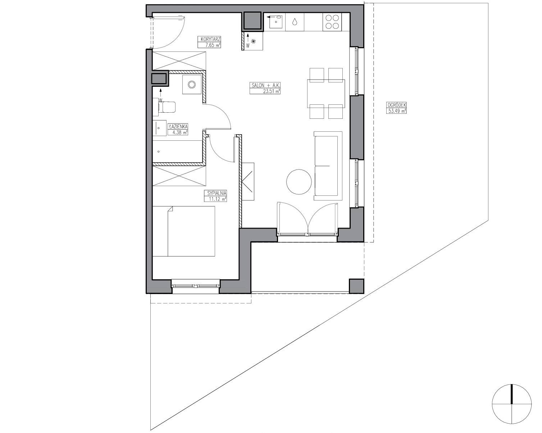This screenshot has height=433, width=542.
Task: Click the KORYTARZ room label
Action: (210, 39)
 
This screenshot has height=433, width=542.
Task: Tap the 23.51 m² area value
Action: (272, 91)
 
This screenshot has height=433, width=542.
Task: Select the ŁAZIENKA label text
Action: (178, 126)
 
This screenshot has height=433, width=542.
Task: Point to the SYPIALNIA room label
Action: (217, 193)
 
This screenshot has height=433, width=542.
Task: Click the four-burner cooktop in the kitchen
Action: (332, 22)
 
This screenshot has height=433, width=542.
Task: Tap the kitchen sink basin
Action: (276, 22)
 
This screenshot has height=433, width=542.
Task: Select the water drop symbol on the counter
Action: (295, 22)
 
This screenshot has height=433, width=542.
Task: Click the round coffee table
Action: (299, 182)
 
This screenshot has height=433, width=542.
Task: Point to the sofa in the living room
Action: (328, 166)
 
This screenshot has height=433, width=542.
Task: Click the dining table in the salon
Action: (326, 93)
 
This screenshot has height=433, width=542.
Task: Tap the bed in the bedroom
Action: (184, 231)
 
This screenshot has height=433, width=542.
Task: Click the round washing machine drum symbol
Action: (192, 85)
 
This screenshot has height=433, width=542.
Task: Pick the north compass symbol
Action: (511, 411)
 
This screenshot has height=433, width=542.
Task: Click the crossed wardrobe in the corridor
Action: (179, 61)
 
